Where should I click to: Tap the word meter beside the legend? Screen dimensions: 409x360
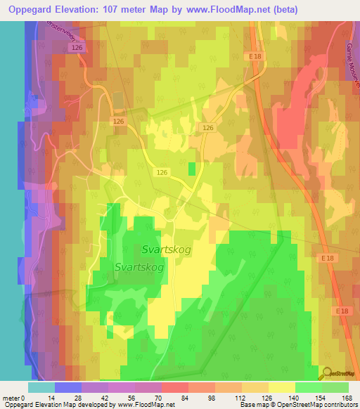pyautogui.click(x=11, y=398)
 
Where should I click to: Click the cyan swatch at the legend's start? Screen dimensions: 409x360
pyautogui.click(x=41, y=387)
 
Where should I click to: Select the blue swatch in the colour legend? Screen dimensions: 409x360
pyautogui.click(x=67, y=387)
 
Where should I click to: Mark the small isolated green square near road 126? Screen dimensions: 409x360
pyautogui.click(x=192, y=169)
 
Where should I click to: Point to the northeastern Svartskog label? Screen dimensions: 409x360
pyautogui.click(x=167, y=249)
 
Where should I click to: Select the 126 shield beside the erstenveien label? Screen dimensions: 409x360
pyautogui.click(x=77, y=46)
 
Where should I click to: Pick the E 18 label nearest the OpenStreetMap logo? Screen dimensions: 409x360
pyautogui.click(x=342, y=311)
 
